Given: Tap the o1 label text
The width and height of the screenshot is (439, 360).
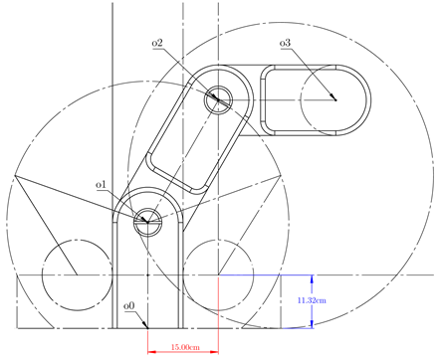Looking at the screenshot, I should [101, 184].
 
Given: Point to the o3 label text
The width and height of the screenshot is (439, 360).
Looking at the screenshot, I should [285, 44].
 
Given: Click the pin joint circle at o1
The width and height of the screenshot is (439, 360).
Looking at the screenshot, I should [148, 219].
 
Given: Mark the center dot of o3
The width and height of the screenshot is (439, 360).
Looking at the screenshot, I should [334, 98].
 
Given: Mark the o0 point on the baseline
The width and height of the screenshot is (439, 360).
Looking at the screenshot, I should [148, 326].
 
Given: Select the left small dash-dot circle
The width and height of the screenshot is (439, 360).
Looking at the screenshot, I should [76, 273].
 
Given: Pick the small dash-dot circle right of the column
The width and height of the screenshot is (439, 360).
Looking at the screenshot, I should [219, 273].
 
